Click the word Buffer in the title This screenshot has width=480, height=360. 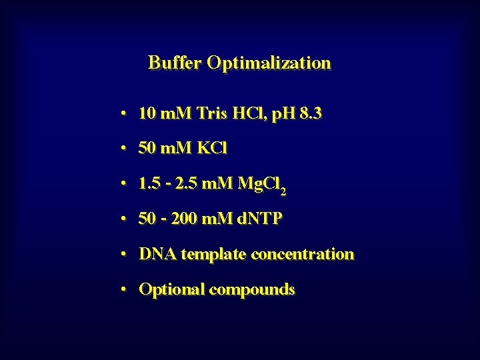pos(175,63)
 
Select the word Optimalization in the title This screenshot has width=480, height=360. pos(269,64)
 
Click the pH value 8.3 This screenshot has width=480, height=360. pos(311,114)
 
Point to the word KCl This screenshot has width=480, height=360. pos(212,149)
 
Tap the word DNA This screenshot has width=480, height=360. pos(157,254)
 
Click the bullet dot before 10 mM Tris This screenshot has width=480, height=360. pos(125,114)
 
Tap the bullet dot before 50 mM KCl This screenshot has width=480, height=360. pos(125,149)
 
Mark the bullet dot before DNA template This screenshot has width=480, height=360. pos(125,254)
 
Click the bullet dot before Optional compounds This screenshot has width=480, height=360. pos(125,289)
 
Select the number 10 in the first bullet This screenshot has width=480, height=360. pos(147,114)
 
